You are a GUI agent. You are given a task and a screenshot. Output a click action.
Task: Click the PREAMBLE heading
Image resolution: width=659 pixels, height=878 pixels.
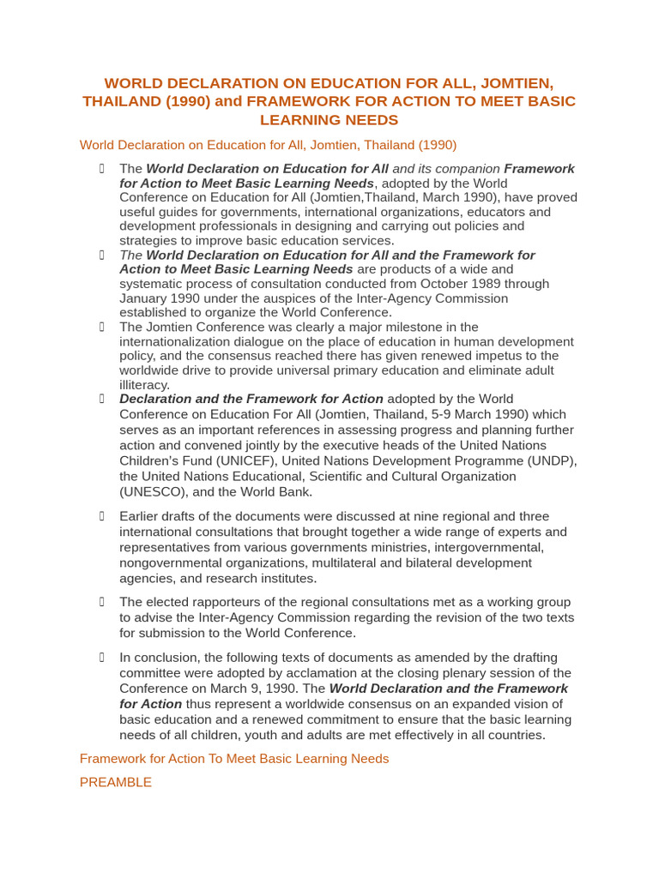pos(116,782)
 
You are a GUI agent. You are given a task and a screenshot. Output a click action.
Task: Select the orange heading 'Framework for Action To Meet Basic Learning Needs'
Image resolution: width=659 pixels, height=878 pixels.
pos(234,759)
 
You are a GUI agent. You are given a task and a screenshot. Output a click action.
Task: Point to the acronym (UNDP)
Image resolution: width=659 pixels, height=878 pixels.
pos(545,461)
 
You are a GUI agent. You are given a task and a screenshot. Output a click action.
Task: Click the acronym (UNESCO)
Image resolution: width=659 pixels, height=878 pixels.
pos(153,492)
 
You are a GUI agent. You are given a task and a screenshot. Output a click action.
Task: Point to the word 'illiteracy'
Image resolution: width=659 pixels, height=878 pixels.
pos(144,385)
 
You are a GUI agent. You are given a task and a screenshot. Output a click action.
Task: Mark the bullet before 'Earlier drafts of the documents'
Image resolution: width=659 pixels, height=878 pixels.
pos(100,515)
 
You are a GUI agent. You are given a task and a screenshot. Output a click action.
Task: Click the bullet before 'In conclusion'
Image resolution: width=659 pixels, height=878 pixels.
pos(100,657)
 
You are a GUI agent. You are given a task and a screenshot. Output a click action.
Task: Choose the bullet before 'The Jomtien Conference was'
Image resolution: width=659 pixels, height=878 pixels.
pos(100,326)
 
